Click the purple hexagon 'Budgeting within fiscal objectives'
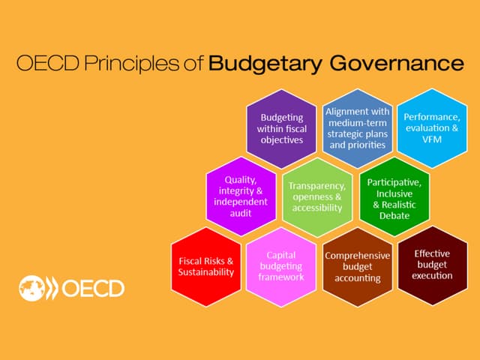[x=281, y=128]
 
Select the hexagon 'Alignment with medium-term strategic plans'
[x=356, y=127]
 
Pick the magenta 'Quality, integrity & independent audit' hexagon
[x=241, y=196]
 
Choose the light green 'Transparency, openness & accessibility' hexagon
[x=316, y=196]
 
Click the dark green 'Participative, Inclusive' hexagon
[x=394, y=198]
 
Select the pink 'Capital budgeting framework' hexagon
[x=280, y=265]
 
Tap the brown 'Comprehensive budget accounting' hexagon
[x=357, y=266]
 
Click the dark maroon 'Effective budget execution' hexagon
[x=432, y=265]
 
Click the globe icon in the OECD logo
[x=32, y=287]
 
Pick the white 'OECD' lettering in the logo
[x=94, y=288]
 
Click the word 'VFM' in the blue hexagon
[x=431, y=139]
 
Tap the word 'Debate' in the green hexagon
[x=394, y=215]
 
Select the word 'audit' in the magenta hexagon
[x=241, y=213]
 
